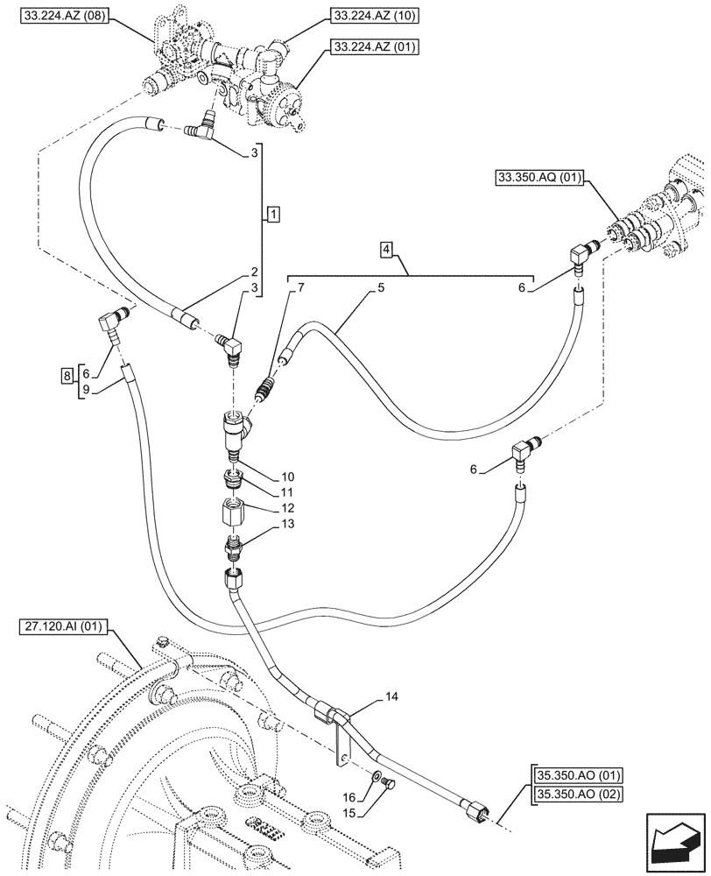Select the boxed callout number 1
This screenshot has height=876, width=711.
pyautogui.click(x=274, y=215)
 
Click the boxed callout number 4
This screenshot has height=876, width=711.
pyautogui.click(x=386, y=251)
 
